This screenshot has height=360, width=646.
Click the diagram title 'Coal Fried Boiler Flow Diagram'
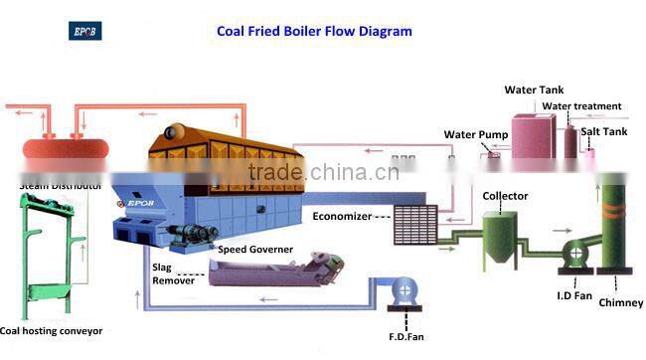314,31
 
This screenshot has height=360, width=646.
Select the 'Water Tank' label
533,90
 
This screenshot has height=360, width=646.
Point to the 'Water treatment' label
581,106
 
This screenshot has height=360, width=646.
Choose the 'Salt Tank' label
604,131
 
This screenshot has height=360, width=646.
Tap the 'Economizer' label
342,216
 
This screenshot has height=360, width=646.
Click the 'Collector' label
505,196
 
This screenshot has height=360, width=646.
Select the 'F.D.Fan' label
408,337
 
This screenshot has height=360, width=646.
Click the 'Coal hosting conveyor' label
51,330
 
